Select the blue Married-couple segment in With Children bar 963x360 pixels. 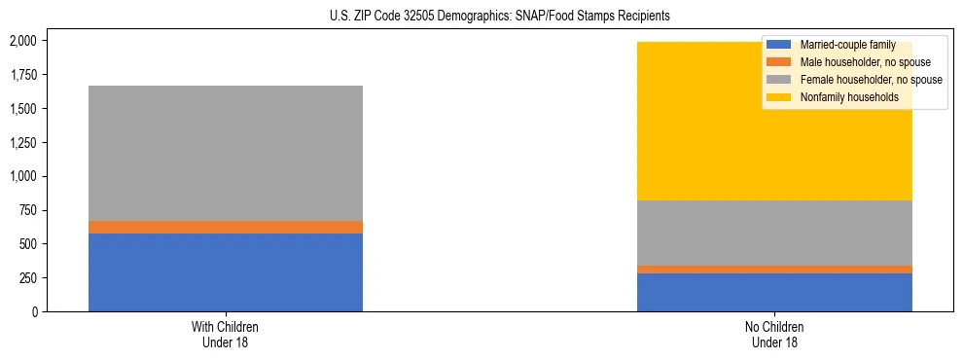coord(226,272)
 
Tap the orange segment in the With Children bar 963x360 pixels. coord(226,227)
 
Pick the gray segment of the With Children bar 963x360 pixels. coord(226,153)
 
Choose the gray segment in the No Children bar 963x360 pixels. coord(774,233)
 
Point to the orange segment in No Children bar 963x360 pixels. coord(774,270)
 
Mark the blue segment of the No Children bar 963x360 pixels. coord(774,292)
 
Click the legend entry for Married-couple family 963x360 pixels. coord(841,45)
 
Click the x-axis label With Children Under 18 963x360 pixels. coord(226,335)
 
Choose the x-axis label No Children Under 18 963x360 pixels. coord(774,335)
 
